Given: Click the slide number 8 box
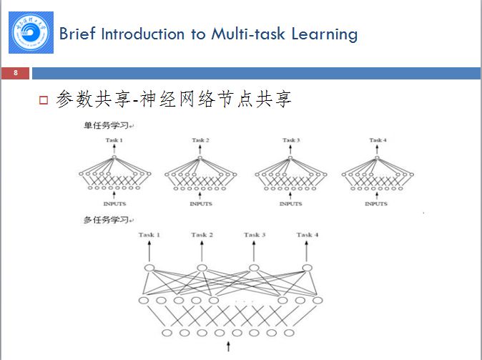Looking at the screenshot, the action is coord(16,73).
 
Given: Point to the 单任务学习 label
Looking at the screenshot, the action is coord(106,127).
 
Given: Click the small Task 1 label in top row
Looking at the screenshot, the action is coord(114,140).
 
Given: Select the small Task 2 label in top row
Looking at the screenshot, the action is coord(201,140).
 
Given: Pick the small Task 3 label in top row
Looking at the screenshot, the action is coord(290,140).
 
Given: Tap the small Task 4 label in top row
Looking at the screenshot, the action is coord(378,140).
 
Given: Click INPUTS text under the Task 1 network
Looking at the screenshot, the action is coord(114,203).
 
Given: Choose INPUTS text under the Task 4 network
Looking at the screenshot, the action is coord(376,203).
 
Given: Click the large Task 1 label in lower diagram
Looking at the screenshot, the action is coord(149,235).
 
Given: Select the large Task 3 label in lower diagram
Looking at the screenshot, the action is coord(255,235).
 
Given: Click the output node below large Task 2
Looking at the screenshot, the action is coord(202,268).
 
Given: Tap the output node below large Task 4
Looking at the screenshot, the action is coord(308,268).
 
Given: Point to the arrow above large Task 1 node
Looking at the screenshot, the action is coord(149,251).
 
